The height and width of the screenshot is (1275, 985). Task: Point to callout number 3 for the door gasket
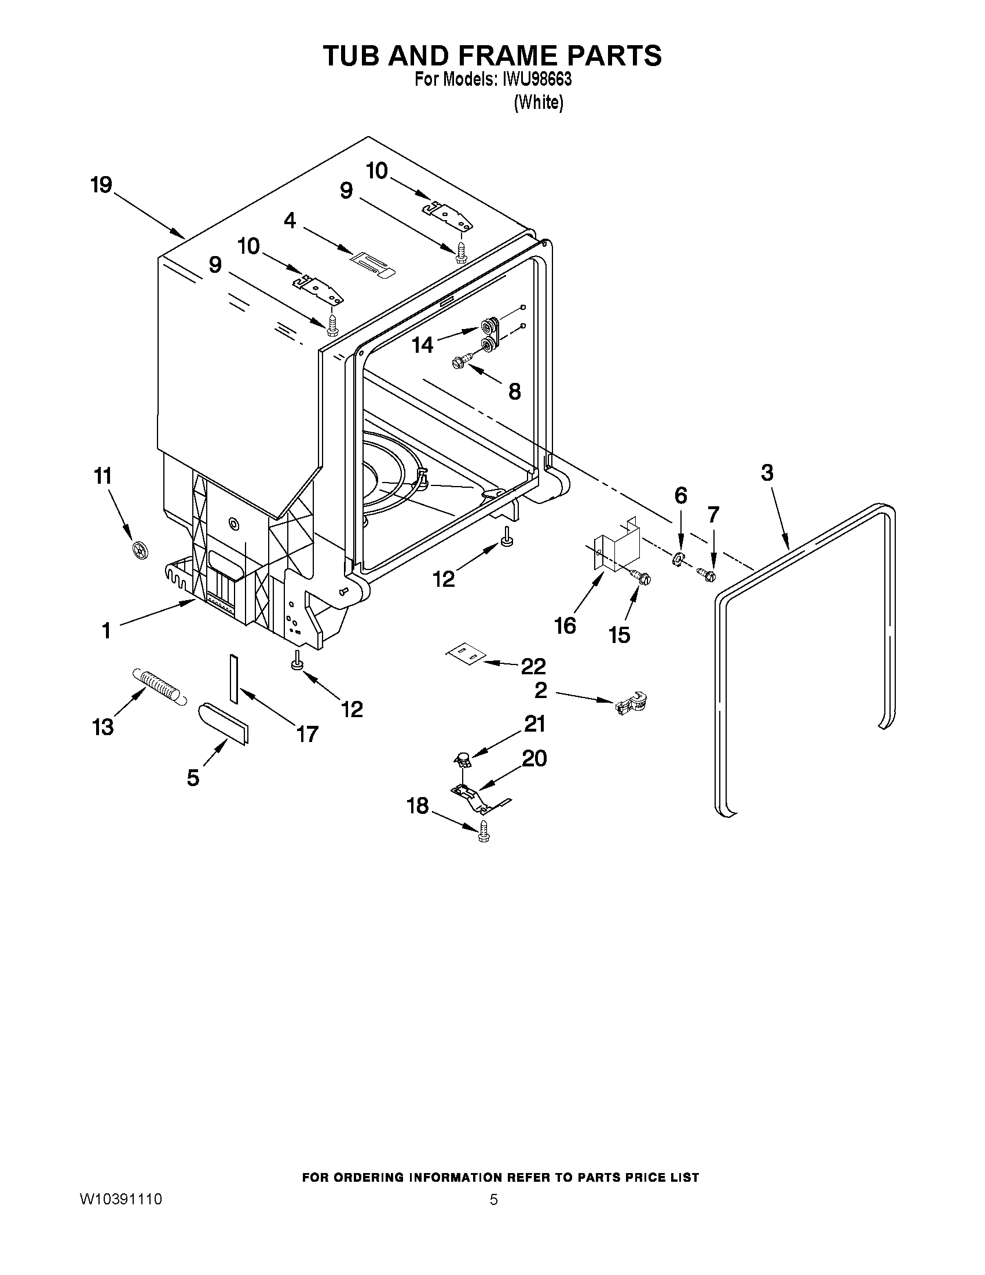(767, 472)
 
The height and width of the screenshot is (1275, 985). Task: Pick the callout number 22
(533, 666)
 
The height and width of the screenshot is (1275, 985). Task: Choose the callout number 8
(514, 391)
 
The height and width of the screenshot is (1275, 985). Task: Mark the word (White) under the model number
(538, 103)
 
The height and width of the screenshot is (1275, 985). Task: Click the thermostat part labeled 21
(463, 759)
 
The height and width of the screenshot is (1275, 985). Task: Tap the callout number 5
(193, 777)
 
